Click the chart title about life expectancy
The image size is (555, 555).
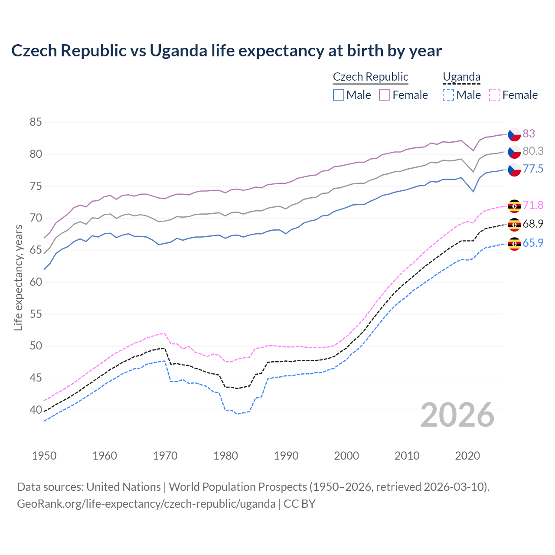pos(226,51)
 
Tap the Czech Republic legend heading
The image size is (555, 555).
pos(370,77)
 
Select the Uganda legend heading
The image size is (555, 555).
pos(461,77)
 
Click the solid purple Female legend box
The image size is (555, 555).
pos(385,95)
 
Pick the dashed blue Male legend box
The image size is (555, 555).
pos(448,95)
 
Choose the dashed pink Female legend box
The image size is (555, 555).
pos(495,95)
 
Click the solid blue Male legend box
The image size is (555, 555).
pos(339,95)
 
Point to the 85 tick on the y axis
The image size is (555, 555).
pos(36,122)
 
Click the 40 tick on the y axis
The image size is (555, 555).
pos(36,410)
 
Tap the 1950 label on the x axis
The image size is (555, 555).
pos(44,456)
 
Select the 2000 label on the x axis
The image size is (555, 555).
pos(346,456)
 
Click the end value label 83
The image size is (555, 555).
pos(529,134)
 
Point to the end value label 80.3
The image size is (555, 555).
pos(533,151)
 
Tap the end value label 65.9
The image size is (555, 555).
pos(533,243)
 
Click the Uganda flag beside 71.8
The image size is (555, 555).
pos(514,206)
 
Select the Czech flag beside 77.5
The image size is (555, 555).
pos(514,170)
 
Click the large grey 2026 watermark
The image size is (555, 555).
pos(457,415)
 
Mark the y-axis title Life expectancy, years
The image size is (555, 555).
pos(19,277)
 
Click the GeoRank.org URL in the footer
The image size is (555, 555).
pos(146,504)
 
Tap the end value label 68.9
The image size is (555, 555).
pos(533,224)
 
